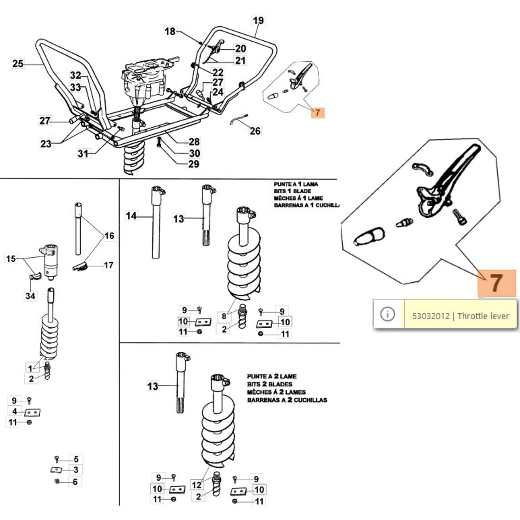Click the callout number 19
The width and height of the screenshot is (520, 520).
click(x=258, y=20)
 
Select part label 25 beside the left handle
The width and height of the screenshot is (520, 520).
click(x=18, y=63)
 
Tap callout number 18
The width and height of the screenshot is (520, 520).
click(x=170, y=31)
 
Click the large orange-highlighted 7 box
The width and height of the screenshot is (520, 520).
click(x=496, y=283)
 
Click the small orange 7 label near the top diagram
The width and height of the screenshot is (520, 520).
click(x=318, y=113)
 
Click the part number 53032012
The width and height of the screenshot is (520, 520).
click(x=431, y=316)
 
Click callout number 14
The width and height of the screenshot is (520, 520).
click(x=131, y=216)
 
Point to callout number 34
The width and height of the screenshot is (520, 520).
click(x=31, y=296)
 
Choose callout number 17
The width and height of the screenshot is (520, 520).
click(x=109, y=265)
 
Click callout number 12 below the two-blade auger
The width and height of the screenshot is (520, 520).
click(x=197, y=485)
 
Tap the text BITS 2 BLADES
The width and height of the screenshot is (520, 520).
click(x=269, y=384)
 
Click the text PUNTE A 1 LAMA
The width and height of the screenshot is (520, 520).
click(x=296, y=184)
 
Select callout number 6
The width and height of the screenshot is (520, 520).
click(x=75, y=482)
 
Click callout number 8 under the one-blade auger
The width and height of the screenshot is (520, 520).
click(x=224, y=316)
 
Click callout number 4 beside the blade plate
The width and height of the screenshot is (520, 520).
click(x=15, y=411)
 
